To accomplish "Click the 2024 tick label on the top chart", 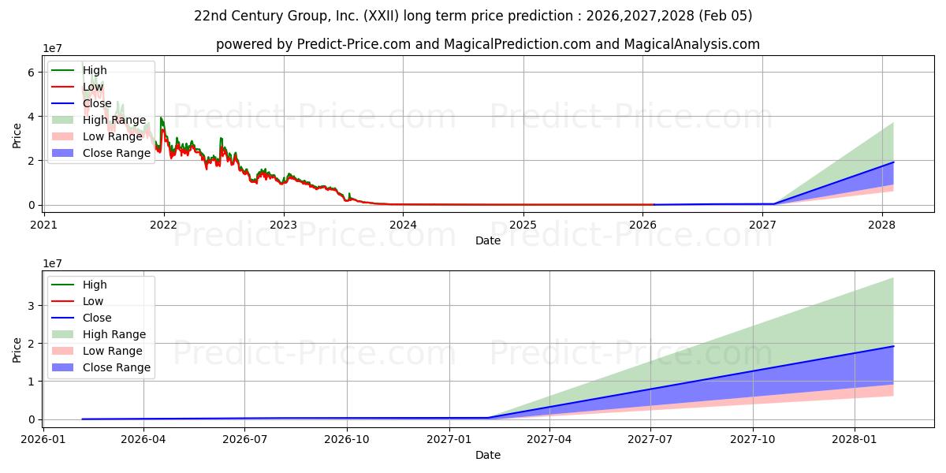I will (403, 223).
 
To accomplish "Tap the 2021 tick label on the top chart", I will (44, 223).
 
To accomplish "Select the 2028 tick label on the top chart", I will (881, 223).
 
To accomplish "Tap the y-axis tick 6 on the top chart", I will (31, 73).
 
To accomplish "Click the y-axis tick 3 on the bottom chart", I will (31, 306).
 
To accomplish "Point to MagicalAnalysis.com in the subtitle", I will (691, 44).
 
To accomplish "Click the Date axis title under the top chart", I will (488, 240).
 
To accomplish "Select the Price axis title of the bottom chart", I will (17, 348).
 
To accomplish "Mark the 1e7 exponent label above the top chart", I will (53, 49).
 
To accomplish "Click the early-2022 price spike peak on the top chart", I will (161, 118).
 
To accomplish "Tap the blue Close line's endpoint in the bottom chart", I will (893, 346).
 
